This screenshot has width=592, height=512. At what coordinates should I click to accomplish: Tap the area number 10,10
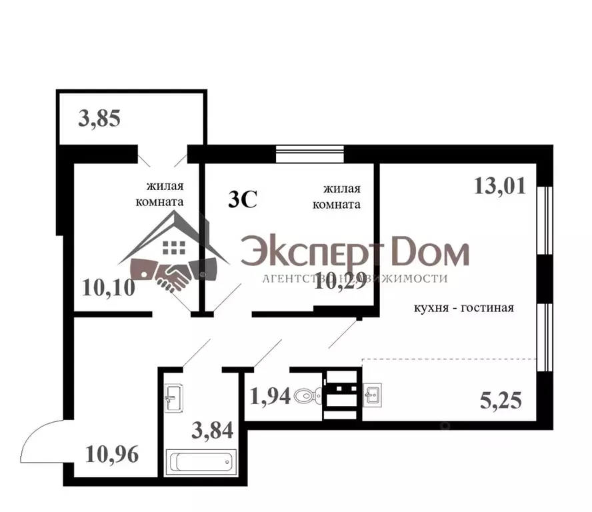pos(109,288)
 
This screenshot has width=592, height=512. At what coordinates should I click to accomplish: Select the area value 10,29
pos(340,287)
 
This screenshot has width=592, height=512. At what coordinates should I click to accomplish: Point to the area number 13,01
pos(499,185)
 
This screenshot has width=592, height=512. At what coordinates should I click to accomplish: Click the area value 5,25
pos(500,400)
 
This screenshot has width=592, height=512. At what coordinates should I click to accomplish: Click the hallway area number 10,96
pos(112,455)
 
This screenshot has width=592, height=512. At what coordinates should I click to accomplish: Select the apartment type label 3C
pos(243,199)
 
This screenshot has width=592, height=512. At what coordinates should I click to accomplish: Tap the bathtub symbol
pos(200,461)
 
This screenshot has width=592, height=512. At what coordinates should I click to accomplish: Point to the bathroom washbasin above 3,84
pos(174,398)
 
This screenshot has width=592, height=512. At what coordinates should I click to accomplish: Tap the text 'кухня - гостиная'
pos(463,307)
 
